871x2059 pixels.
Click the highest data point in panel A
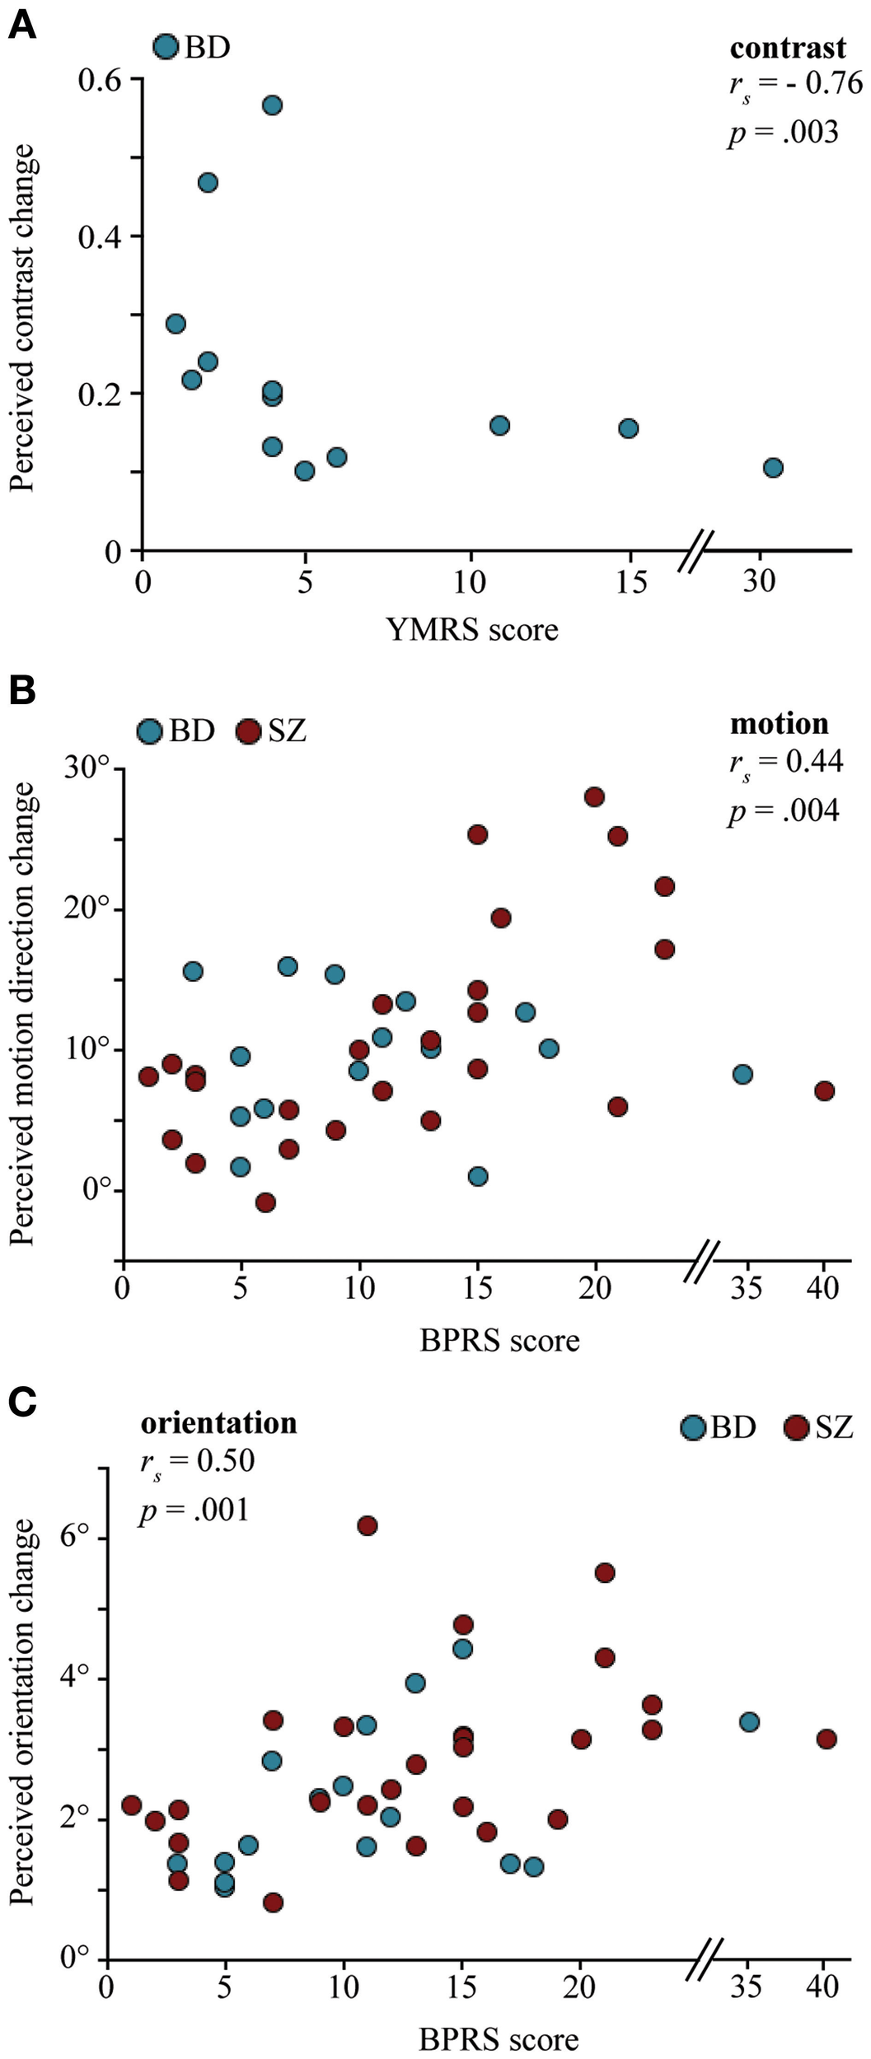click(272, 105)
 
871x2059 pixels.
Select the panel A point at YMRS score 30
click(772, 468)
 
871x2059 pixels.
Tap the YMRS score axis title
click(471, 630)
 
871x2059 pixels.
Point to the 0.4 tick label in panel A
click(100, 237)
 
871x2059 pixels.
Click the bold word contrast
click(787, 49)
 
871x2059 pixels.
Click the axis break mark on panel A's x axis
click(696, 550)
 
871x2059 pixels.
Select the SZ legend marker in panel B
click(248, 731)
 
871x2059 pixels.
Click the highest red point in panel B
click(594, 796)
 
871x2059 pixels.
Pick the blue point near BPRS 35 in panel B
click(742, 1074)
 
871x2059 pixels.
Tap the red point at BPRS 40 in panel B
click(824, 1090)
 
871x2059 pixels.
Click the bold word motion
click(779, 724)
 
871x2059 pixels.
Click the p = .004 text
click(783, 811)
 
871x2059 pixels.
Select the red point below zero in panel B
click(265, 1202)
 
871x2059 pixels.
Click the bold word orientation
click(218, 1423)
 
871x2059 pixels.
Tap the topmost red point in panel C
click(368, 1525)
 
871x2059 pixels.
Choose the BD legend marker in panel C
click(694, 1427)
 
